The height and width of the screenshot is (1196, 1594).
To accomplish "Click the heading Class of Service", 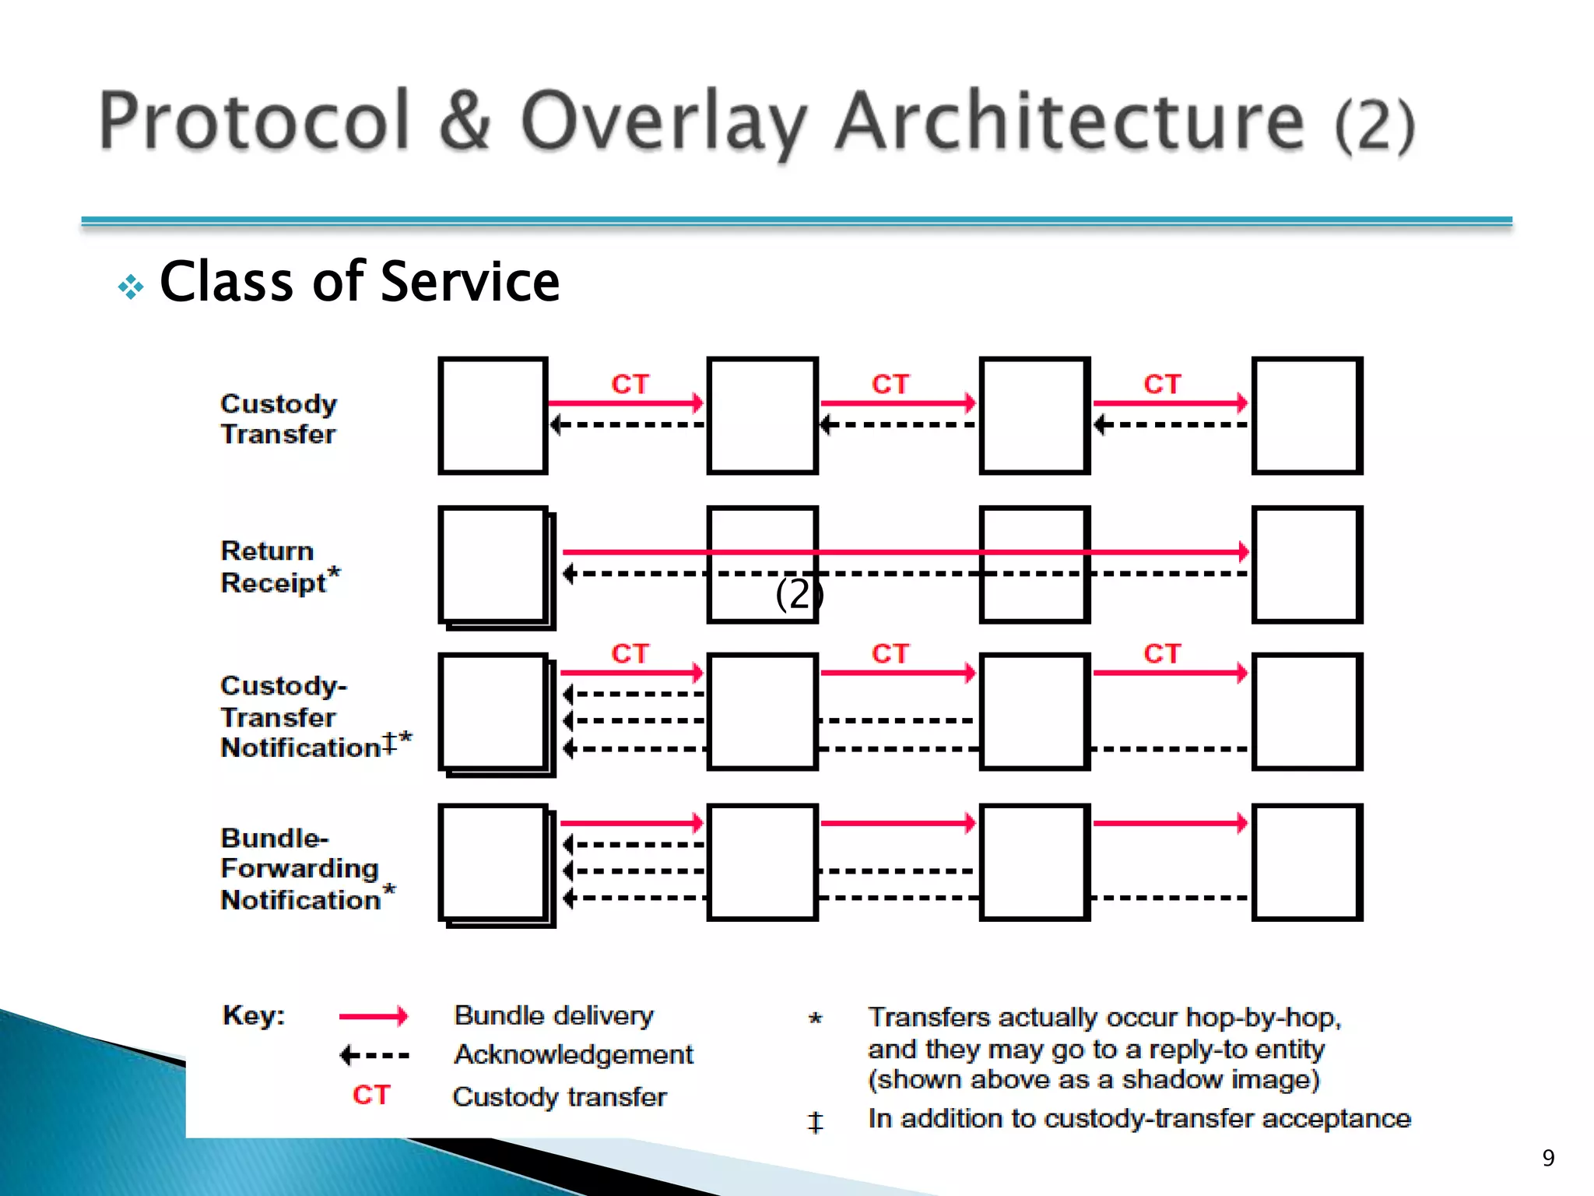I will click(x=359, y=282).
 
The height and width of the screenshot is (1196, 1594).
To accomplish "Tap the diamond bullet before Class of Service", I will click(x=131, y=287).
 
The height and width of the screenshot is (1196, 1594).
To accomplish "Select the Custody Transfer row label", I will click(x=278, y=418).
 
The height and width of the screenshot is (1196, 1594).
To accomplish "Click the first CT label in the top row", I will click(x=630, y=384).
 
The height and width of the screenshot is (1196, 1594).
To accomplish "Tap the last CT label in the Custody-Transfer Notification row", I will click(x=1162, y=653).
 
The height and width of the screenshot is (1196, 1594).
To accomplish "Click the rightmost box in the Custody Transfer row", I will click(x=1307, y=416).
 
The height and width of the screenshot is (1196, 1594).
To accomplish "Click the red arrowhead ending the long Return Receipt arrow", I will click(x=1243, y=552).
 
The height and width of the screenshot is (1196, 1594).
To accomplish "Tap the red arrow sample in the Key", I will click(x=374, y=1016).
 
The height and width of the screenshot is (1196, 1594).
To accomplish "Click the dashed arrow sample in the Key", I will click(x=374, y=1056).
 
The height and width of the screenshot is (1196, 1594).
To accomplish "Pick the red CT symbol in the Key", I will click(x=370, y=1095).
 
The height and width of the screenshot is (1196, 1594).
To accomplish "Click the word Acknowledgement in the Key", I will click(x=574, y=1054).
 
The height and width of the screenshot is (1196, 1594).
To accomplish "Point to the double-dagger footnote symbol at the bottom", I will click(x=815, y=1122).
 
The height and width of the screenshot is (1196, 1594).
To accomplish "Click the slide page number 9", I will click(x=1548, y=1158).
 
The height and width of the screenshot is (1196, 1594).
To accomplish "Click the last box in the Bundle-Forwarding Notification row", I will click(x=1307, y=863).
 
